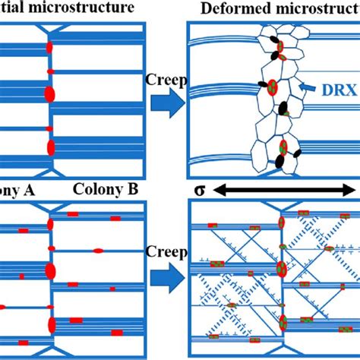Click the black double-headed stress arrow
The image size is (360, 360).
(281, 189)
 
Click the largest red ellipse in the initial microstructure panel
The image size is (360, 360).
(50, 94)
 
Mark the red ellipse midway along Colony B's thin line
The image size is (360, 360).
(99, 250)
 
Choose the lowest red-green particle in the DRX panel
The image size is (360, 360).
(283, 147)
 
